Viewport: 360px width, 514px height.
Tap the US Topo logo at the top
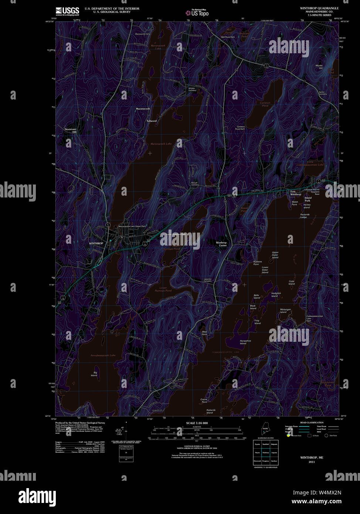pos(197,13)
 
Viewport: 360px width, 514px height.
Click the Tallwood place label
pos(151,121)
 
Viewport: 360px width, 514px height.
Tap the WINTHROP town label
pos(96,243)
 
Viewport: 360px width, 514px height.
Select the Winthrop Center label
pos(221,244)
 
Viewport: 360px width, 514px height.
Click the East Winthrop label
pos(295,193)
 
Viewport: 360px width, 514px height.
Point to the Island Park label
pos(308,199)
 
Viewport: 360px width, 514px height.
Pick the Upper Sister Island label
pos(275,255)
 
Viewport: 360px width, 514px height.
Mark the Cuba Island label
pos(292,283)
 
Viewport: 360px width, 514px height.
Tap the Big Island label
pos(95,374)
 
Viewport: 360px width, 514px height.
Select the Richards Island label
pos(211,411)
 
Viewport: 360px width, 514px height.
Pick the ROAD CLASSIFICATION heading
pos(312,422)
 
